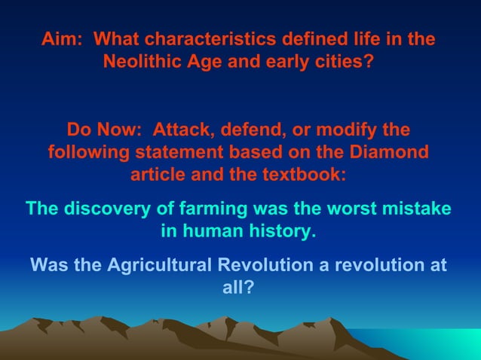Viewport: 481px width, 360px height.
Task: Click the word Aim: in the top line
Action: pyautogui.click(x=61, y=38)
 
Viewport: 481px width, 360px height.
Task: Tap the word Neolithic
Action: pyautogui.click(x=142, y=62)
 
